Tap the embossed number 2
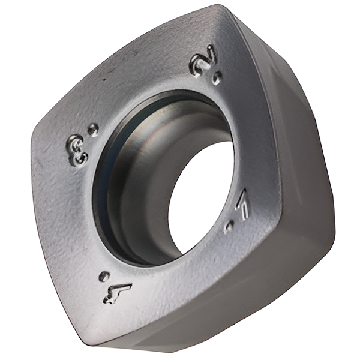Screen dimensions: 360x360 pos(202,61)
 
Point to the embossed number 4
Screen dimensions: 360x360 pos(118,293)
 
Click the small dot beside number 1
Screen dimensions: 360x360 pos(229,227)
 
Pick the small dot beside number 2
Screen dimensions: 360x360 pos(217,78)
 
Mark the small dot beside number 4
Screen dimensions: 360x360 pos(104,276)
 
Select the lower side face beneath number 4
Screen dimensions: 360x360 pos(180,336)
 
